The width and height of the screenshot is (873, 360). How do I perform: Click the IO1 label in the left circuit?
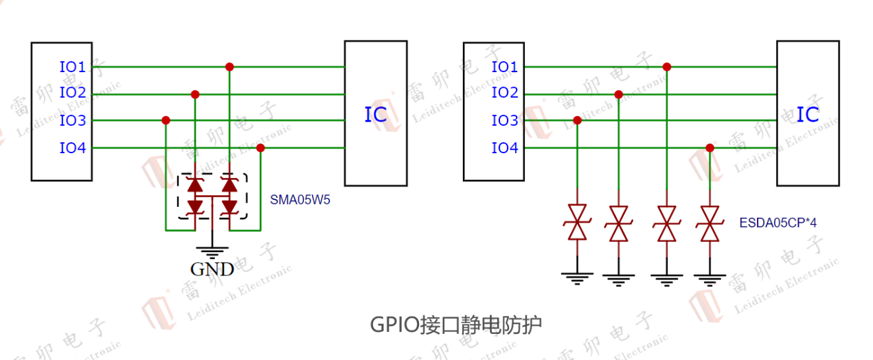(x=72, y=67)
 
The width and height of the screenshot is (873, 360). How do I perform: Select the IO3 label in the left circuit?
(x=72, y=121)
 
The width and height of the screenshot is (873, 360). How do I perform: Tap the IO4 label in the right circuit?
(x=505, y=148)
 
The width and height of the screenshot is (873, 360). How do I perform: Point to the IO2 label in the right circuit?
(x=505, y=93)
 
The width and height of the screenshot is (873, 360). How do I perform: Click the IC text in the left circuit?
(x=375, y=115)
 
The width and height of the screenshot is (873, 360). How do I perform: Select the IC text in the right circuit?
(x=808, y=115)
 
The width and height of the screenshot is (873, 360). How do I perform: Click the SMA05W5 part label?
(x=300, y=201)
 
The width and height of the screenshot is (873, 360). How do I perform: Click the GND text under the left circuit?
(x=212, y=269)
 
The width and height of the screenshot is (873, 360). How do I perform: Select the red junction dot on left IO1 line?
(x=229, y=67)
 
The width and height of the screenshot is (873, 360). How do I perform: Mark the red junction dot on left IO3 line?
(x=166, y=120)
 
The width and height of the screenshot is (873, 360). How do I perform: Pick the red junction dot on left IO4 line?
(x=260, y=148)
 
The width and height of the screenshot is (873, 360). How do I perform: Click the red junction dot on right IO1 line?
(x=666, y=67)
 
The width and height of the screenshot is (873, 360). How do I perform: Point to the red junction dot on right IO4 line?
(x=710, y=148)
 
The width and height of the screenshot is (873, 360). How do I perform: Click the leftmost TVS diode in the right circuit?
(x=577, y=223)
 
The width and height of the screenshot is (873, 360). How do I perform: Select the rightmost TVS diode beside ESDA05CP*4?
(x=710, y=223)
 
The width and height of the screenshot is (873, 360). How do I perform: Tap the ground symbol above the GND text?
(x=212, y=250)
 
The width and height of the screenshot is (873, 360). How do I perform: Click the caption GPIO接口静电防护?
(x=455, y=324)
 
